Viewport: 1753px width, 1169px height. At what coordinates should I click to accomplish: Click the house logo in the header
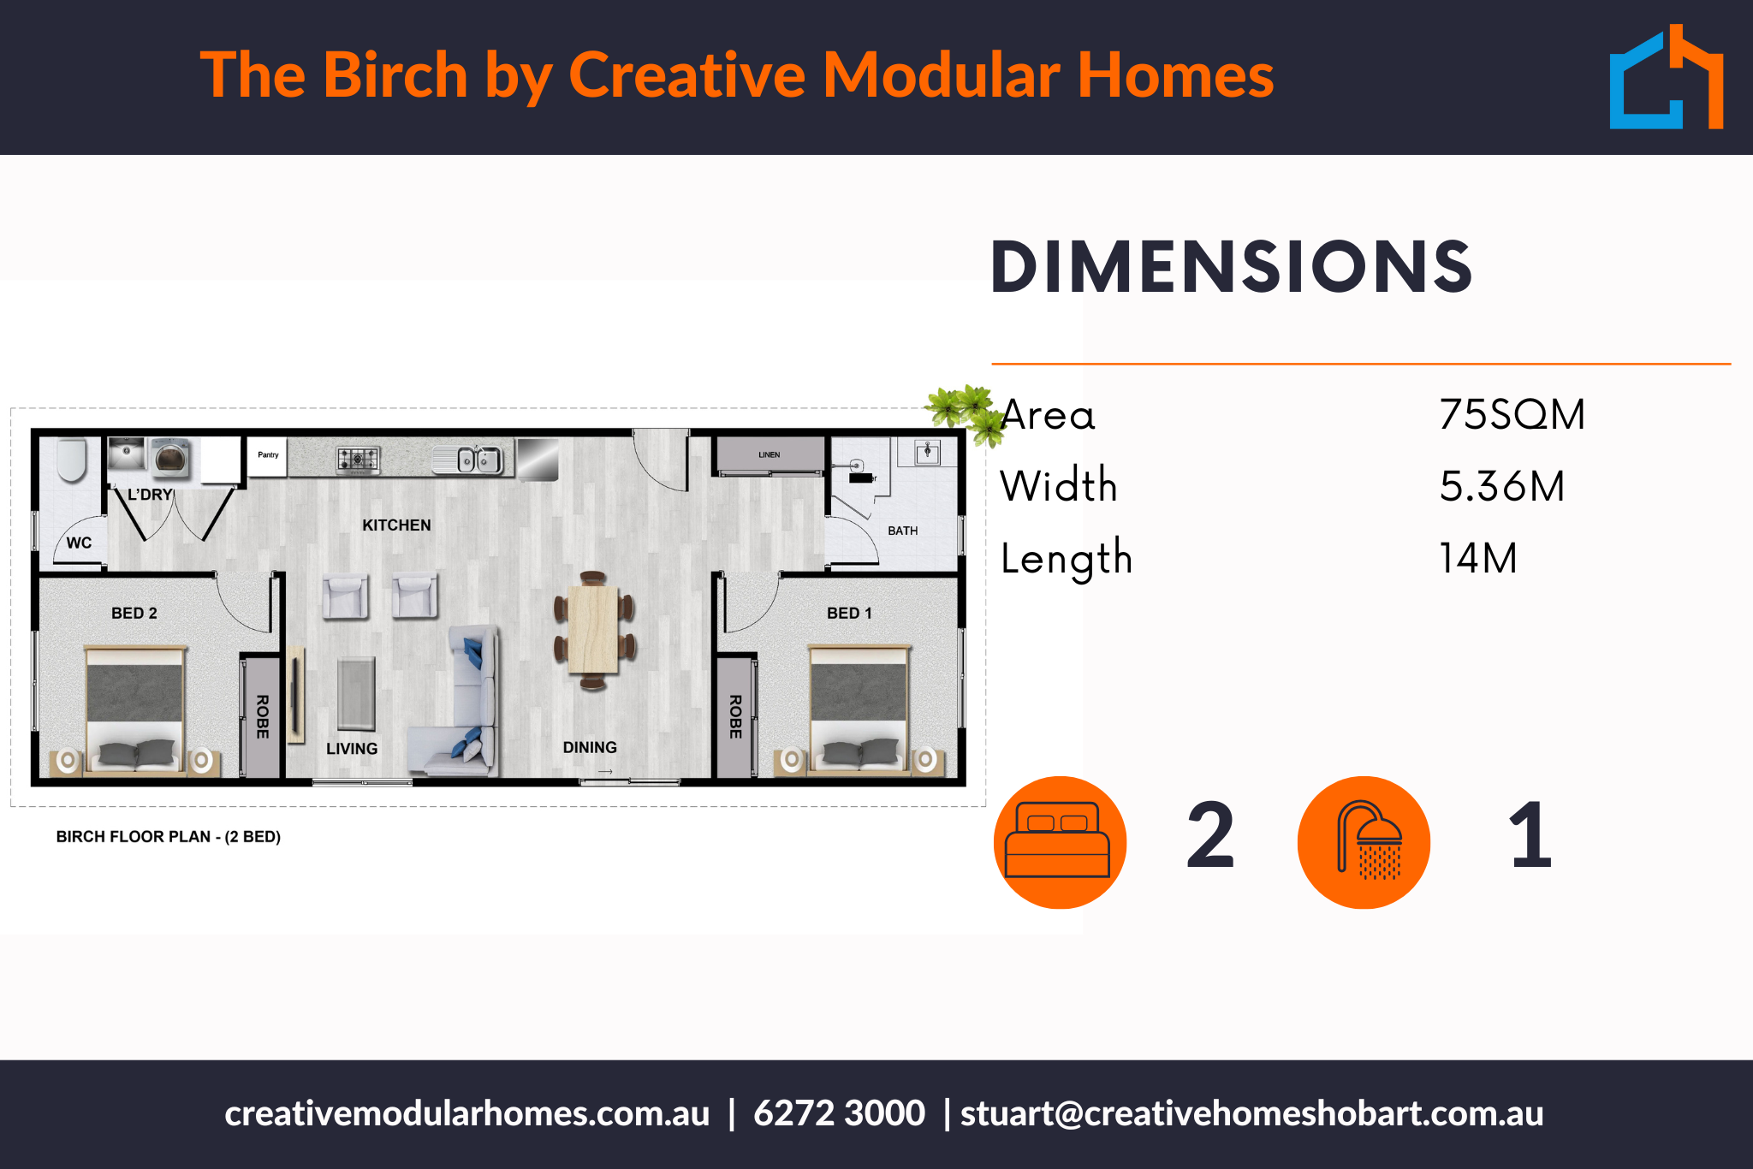[1666, 77]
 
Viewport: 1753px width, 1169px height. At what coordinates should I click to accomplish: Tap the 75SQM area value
[1512, 415]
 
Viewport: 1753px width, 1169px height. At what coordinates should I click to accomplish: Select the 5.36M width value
[1502, 486]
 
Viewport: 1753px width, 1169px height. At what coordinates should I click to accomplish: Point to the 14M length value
[1478, 558]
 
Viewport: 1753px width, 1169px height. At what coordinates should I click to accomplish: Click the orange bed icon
[1060, 842]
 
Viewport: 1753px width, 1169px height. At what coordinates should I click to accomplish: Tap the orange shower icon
[1364, 842]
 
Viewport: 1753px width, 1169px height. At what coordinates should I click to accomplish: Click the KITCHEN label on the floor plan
[396, 525]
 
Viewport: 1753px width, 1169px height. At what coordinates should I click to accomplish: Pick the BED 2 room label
[134, 614]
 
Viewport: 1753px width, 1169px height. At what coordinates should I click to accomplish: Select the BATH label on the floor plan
[903, 531]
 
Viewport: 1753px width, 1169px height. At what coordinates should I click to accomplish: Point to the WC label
[79, 543]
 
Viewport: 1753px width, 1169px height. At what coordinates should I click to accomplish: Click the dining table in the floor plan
[593, 630]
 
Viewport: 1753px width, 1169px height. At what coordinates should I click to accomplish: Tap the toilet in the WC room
[72, 460]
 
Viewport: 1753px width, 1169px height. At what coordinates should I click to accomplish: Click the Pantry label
[268, 455]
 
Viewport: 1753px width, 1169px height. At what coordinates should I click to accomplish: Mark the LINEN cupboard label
[769, 455]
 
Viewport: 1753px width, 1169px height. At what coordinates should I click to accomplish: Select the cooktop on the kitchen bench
[358, 460]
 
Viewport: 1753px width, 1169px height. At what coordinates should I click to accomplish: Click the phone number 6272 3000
[839, 1113]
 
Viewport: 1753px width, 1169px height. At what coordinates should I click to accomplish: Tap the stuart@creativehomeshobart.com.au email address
[1251, 1113]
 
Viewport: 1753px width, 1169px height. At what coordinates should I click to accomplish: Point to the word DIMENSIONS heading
[1231, 267]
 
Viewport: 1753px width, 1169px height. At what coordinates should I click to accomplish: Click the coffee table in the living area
[356, 693]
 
